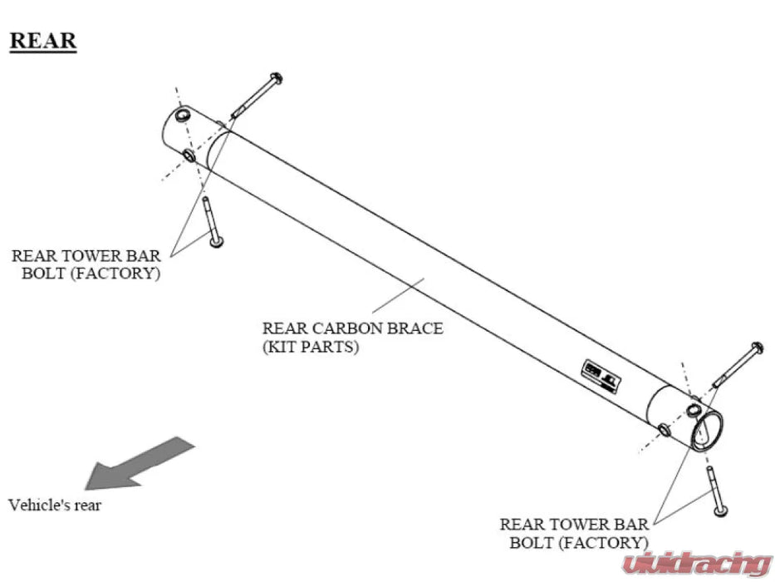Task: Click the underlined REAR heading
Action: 42,40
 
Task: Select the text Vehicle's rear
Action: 55,505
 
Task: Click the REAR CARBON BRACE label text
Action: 352,328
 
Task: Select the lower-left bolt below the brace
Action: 210,221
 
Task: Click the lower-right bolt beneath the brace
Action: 715,491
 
